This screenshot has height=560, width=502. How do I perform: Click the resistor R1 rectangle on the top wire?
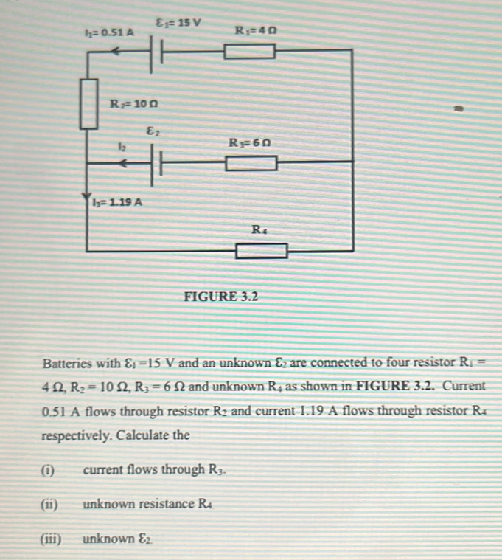click(251, 51)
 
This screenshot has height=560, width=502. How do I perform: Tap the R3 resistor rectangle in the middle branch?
click(251, 162)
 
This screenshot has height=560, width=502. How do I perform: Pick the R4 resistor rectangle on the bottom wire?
click(261, 251)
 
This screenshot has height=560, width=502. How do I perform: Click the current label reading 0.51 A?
click(110, 32)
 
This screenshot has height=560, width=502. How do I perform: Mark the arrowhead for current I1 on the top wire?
click(116, 52)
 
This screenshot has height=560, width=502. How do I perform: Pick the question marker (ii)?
click(52, 505)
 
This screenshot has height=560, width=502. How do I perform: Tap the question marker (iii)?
click(53, 539)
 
